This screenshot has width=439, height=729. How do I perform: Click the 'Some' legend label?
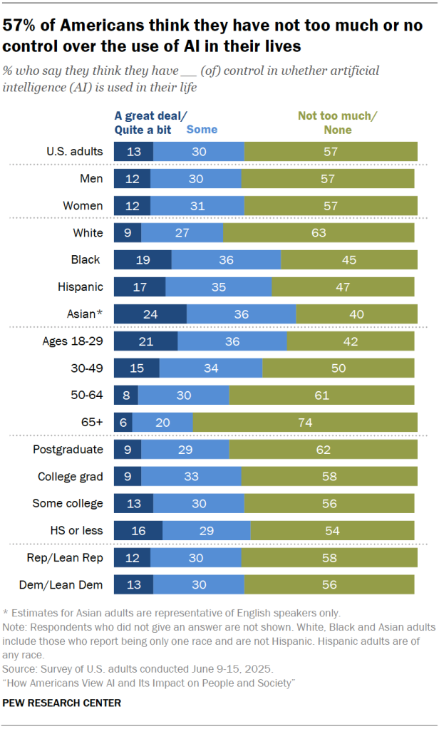tap(202, 130)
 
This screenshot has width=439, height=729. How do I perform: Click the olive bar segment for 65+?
tap(304, 422)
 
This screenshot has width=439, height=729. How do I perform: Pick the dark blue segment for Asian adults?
tap(150, 314)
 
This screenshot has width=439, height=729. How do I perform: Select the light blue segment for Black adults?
tap(226, 259)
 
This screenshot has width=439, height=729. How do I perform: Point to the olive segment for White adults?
tap(319, 232)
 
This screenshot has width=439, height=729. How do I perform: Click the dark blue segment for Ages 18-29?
tap(145, 341)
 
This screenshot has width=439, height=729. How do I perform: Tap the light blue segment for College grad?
tap(191, 476)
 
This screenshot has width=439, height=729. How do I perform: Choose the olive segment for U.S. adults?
tap(331, 151)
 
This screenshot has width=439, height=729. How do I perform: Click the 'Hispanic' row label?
tap(81, 286)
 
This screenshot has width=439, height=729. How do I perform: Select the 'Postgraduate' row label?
tap(68, 449)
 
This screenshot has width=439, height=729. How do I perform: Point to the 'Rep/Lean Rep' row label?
tap(70, 557)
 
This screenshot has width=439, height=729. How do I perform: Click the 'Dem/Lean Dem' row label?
tap(68, 585)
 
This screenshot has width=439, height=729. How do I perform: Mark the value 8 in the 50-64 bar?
tap(126, 395)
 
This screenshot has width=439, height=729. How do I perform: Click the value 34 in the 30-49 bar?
tap(211, 368)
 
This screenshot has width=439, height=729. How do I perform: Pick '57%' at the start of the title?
tap(24, 26)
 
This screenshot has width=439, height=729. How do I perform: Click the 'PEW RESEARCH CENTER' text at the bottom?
tap(62, 703)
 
